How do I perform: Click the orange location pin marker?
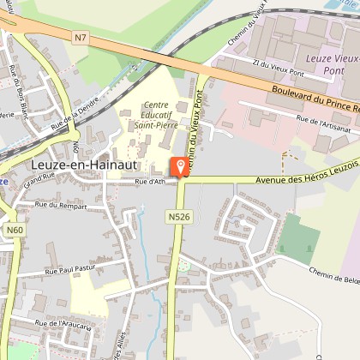[181, 166]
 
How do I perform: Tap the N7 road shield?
[81, 38]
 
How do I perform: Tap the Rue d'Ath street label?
[150, 183]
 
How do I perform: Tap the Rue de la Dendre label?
[76, 111]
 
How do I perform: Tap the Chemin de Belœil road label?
[334, 273]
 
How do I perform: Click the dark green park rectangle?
[297, 238]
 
